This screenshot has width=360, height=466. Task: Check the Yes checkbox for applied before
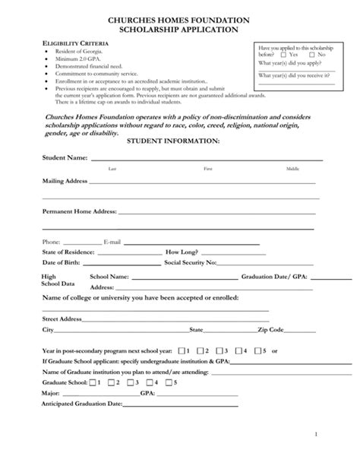pyautogui.click(x=283, y=55)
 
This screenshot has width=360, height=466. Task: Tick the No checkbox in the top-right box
pyautogui.click(x=311, y=55)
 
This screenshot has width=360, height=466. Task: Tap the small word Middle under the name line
pyautogui.click(x=292, y=169)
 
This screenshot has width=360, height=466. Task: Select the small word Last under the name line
pyautogui.click(x=112, y=169)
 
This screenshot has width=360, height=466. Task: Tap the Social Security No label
pyautogui.click(x=191, y=262)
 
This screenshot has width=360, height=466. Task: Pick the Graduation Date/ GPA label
pyautogui.click(x=267, y=277)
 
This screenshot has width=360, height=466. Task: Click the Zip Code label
pyautogui.click(x=270, y=331)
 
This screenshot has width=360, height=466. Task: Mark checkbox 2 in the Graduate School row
pyautogui.click(x=111, y=383)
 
